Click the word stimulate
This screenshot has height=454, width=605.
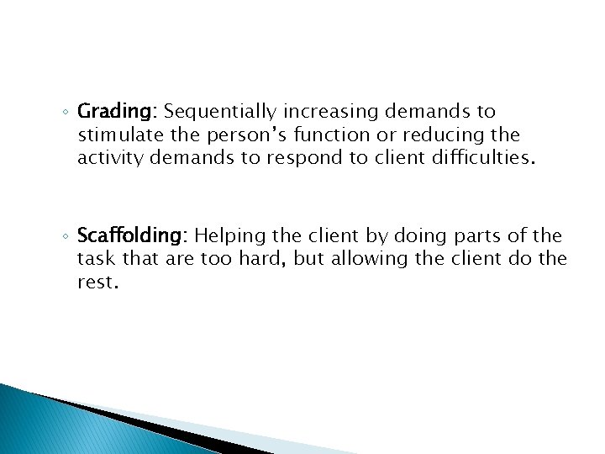115,135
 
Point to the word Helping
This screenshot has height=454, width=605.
228,237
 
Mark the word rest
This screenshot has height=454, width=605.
97,282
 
